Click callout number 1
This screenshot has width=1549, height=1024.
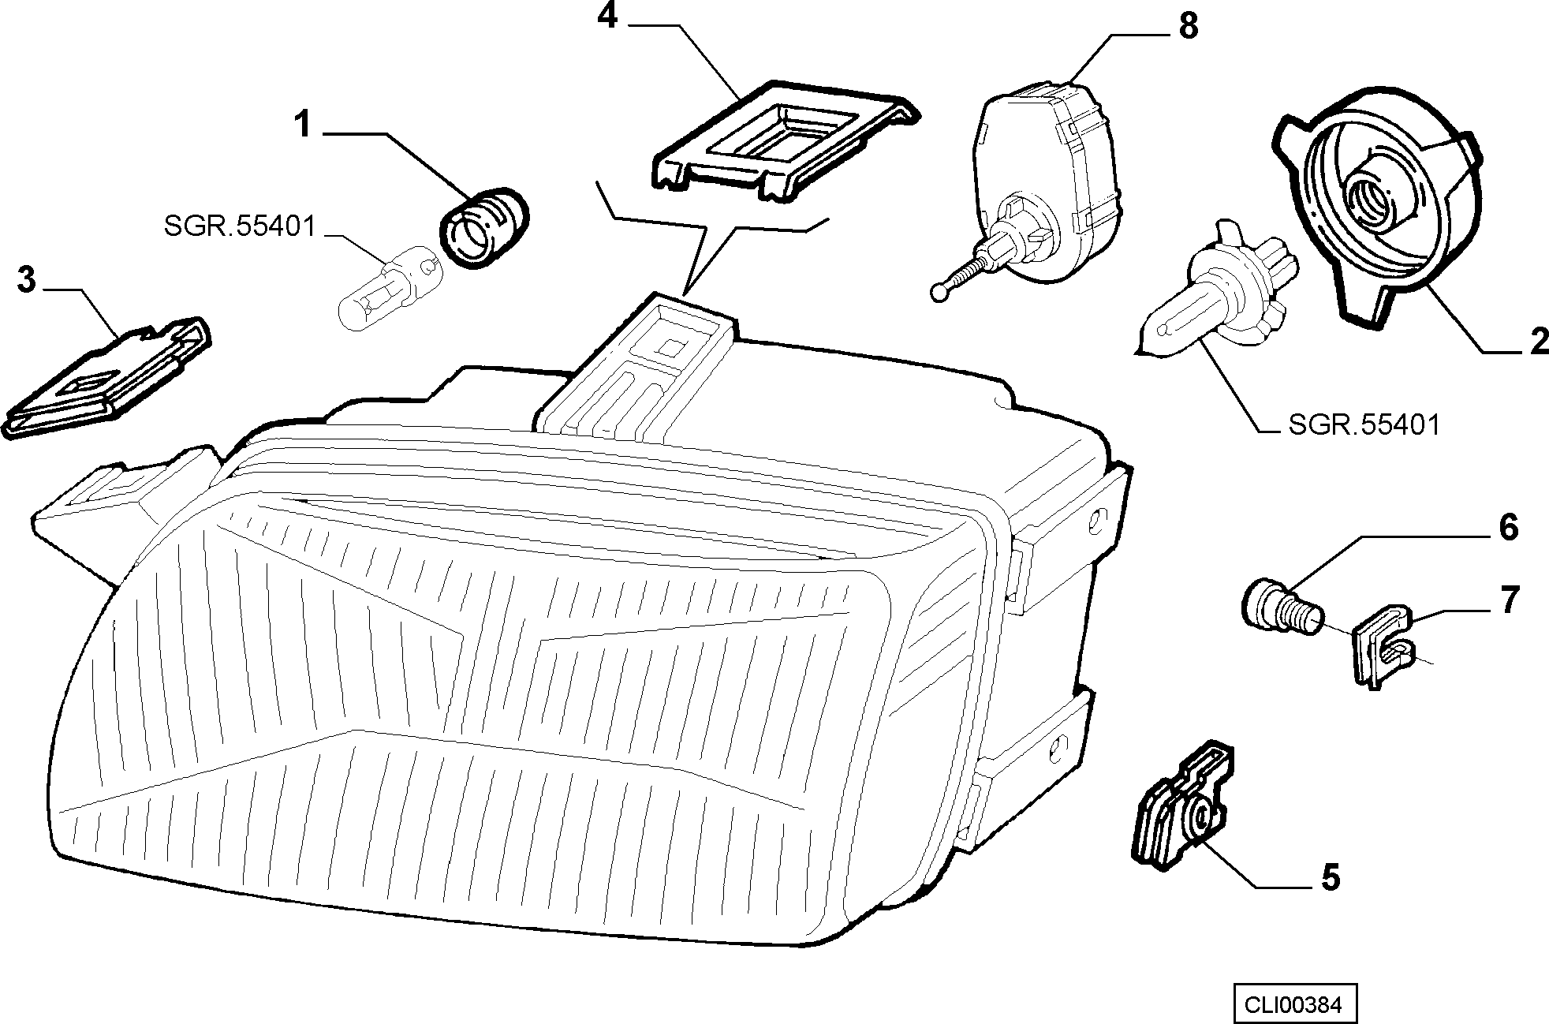pos(303,125)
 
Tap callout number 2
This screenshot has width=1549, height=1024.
pos(1538,342)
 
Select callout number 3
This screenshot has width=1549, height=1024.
pos(27,280)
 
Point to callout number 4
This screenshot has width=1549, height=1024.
pos(607,17)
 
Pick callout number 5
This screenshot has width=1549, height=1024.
pos(1330,877)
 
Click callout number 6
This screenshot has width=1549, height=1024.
pos(1507,527)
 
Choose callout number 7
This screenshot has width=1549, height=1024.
pos(1509,600)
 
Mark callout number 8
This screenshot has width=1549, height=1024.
pos(1188,26)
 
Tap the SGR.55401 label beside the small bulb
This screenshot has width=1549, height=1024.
pos(240,227)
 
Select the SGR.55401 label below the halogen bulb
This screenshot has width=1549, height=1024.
pos(1364,425)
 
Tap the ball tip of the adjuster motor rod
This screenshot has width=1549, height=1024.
pos(938,291)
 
